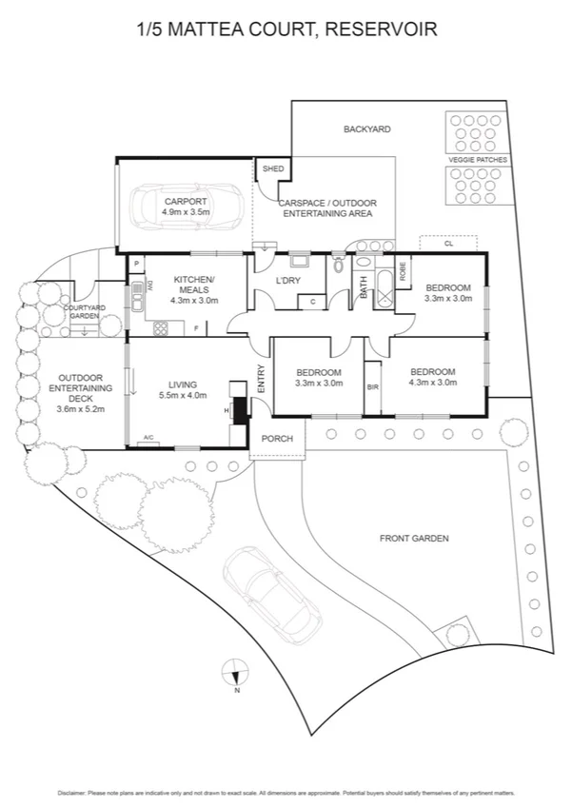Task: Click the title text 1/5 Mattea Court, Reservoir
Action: (286, 30)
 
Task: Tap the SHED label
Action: (273, 168)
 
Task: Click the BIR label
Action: (373, 387)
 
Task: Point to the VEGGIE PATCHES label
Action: (478, 160)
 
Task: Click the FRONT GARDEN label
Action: (414, 539)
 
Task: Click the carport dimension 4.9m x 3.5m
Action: (187, 212)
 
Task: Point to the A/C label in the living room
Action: (148, 438)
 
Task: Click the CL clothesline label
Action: (447, 244)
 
